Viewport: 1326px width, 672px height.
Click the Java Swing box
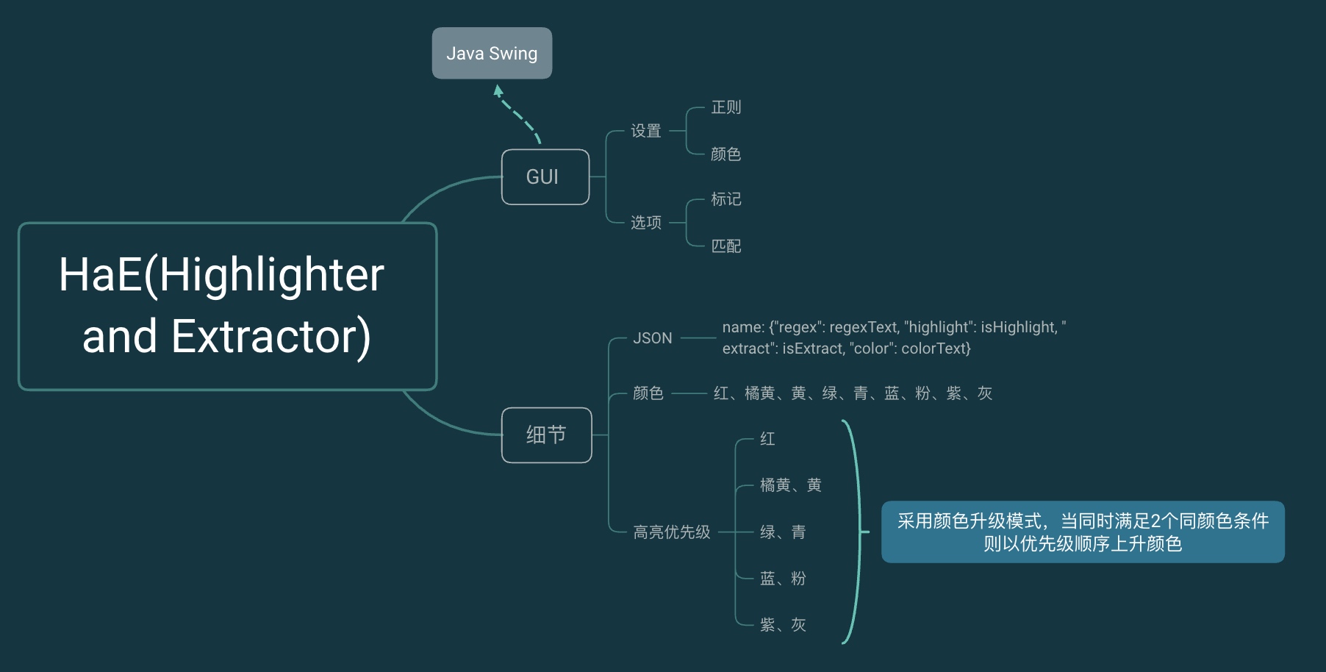(x=492, y=53)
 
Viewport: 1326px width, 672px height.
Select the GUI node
(x=545, y=177)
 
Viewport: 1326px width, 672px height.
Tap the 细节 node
(x=546, y=435)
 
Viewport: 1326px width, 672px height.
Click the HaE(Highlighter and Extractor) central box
(x=227, y=306)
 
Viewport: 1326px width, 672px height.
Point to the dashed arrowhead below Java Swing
(x=498, y=91)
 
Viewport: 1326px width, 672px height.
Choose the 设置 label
(x=646, y=131)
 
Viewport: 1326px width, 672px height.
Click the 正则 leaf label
(x=725, y=107)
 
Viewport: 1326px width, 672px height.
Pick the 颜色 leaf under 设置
(x=725, y=154)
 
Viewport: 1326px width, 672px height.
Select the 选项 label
(x=646, y=223)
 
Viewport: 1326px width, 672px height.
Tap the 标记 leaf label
(x=725, y=199)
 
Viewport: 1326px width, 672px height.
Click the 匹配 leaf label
(x=725, y=246)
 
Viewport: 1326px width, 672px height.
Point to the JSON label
(x=653, y=338)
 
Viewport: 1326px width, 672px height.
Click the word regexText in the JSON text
(x=864, y=327)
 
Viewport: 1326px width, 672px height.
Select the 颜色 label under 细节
(x=648, y=393)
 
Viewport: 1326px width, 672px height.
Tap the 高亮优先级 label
(x=672, y=532)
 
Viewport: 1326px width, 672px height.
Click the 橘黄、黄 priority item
(x=790, y=485)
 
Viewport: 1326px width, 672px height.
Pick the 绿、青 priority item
(x=783, y=532)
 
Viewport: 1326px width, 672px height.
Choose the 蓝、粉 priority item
(x=783, y=579)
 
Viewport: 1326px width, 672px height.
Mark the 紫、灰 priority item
(x=783, y=625)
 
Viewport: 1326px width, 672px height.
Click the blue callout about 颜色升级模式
(x=1083, y=532)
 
